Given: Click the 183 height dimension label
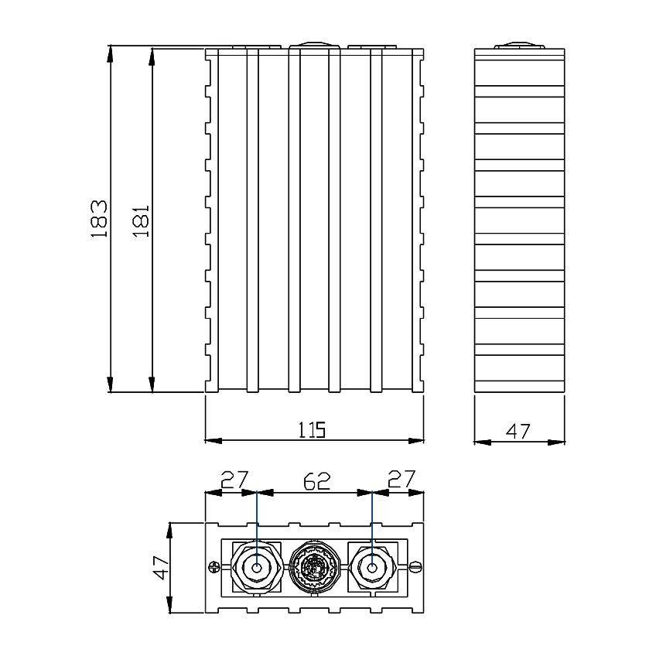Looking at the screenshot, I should point(98,219).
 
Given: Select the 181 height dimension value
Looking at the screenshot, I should point(140,220).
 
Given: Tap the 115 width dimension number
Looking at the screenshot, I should point(313,429).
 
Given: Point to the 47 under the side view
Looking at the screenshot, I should point(518,431).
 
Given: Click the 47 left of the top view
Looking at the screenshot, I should point(161,568).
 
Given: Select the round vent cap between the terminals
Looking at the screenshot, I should point(314,569).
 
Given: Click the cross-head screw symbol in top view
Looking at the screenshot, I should point(214,569).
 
